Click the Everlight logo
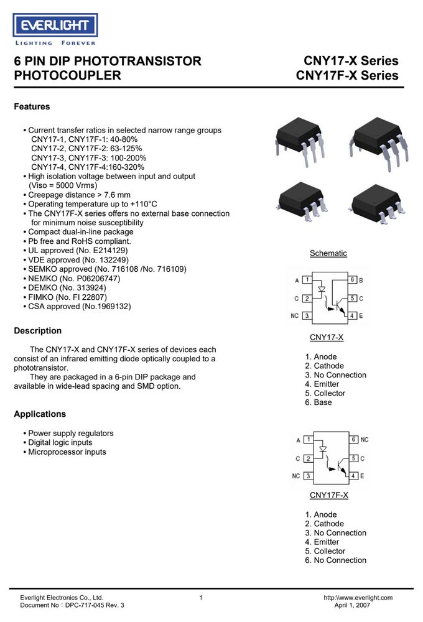pos(55,29)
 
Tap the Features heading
pos(32,106)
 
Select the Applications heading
pos(40,414)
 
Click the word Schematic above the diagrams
pos(328,253)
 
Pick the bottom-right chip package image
pos(378,203)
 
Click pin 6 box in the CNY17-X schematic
pos(352,280)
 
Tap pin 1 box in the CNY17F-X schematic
pos(308,440)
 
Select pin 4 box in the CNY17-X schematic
pos(352,316)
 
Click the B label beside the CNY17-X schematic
pos(361,280)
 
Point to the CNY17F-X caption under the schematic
pos(329,495)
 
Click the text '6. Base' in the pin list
pos(318,402)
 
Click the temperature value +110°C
pos(144,204)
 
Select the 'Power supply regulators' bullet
pos(68,433)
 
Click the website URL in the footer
pos(358,597)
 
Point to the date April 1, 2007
pos(352,605)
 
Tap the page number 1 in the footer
pos(201,597)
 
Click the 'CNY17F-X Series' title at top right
pos(347,75)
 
